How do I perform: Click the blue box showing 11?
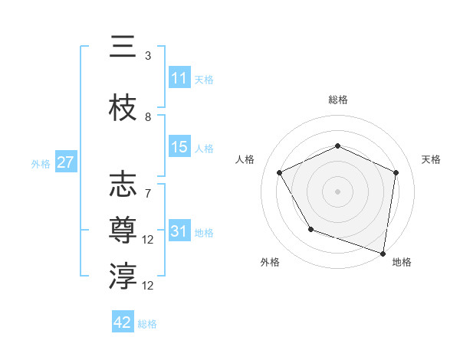point(179,78)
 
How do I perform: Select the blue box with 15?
point(179,147)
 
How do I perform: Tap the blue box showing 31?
point(179,231)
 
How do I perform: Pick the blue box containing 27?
point(65,162)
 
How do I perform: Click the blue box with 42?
point(123,322)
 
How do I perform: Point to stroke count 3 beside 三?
point(148,56)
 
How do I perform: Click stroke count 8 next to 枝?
point(148,117)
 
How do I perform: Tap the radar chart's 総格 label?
point(338,100)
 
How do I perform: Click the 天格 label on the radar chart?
point(432,159)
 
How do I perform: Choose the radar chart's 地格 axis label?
point(402,262)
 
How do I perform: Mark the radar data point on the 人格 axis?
point(280,173)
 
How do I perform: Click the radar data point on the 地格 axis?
point(383,253)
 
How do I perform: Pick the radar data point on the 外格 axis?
point(310,229)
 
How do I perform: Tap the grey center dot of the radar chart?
point(338,191)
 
